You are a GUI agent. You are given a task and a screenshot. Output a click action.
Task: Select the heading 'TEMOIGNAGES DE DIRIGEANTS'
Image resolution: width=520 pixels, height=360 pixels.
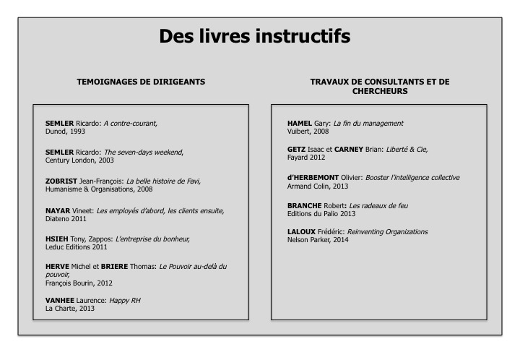[141, 82]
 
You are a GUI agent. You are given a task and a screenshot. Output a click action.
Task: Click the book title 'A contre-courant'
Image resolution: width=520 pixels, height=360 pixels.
[130, 124]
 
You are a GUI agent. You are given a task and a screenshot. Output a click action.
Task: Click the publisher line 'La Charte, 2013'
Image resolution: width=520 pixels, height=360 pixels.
[70, 308]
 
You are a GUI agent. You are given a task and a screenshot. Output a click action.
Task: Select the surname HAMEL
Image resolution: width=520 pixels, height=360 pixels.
[300, 124]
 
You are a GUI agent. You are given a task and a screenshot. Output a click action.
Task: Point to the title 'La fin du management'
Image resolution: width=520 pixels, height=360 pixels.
[368, 124]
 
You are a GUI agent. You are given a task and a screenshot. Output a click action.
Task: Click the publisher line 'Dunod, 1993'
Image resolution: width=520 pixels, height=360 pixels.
[66, 132]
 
